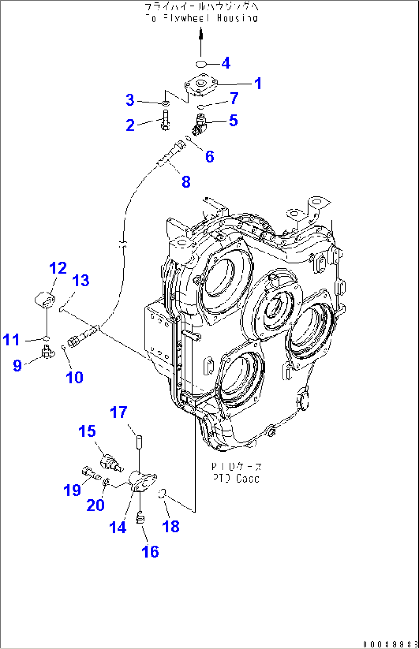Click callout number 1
[x=258, y=83]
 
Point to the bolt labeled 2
[x=165, y=120]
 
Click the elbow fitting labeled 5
[x=200, y=124]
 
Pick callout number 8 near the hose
[x=186, y=182]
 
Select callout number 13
[x=81, y=281]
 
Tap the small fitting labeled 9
[x=47, y=352]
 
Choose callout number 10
[x=74, y=377]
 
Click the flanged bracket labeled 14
[x=142, y=482]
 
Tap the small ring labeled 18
[x=162, y=494]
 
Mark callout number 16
[x=150, y=551]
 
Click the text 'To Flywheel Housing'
[x=201, y=18]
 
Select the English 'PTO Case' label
[x=236, y=478]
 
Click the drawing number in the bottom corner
[x=390, y=644]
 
